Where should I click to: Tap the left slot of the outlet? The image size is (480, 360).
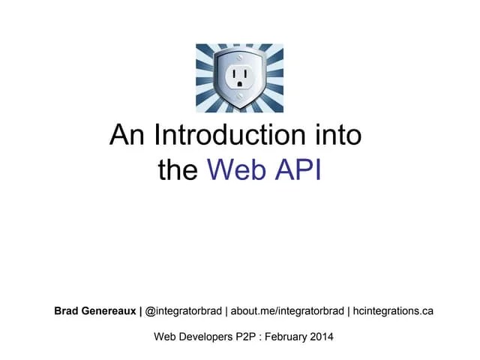[x=234, y=74]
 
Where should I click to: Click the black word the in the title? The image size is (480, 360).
[x=178, y=169]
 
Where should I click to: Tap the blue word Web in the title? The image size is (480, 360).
[x=234, y=169]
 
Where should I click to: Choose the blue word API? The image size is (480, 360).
[x=295, y=169]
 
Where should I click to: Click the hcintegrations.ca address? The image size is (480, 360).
[x=393, y=310]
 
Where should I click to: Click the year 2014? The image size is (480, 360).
[x=334, y=337]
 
